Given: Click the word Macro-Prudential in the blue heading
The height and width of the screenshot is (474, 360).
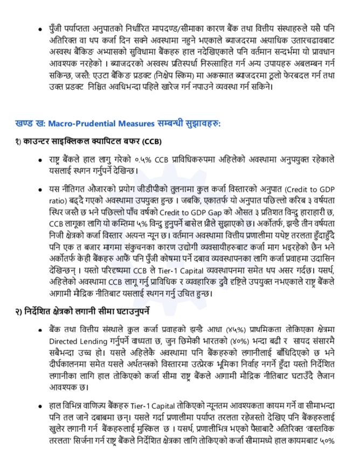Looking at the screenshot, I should coord(79,124).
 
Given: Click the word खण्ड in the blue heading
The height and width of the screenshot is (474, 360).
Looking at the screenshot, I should coord(24,124).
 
